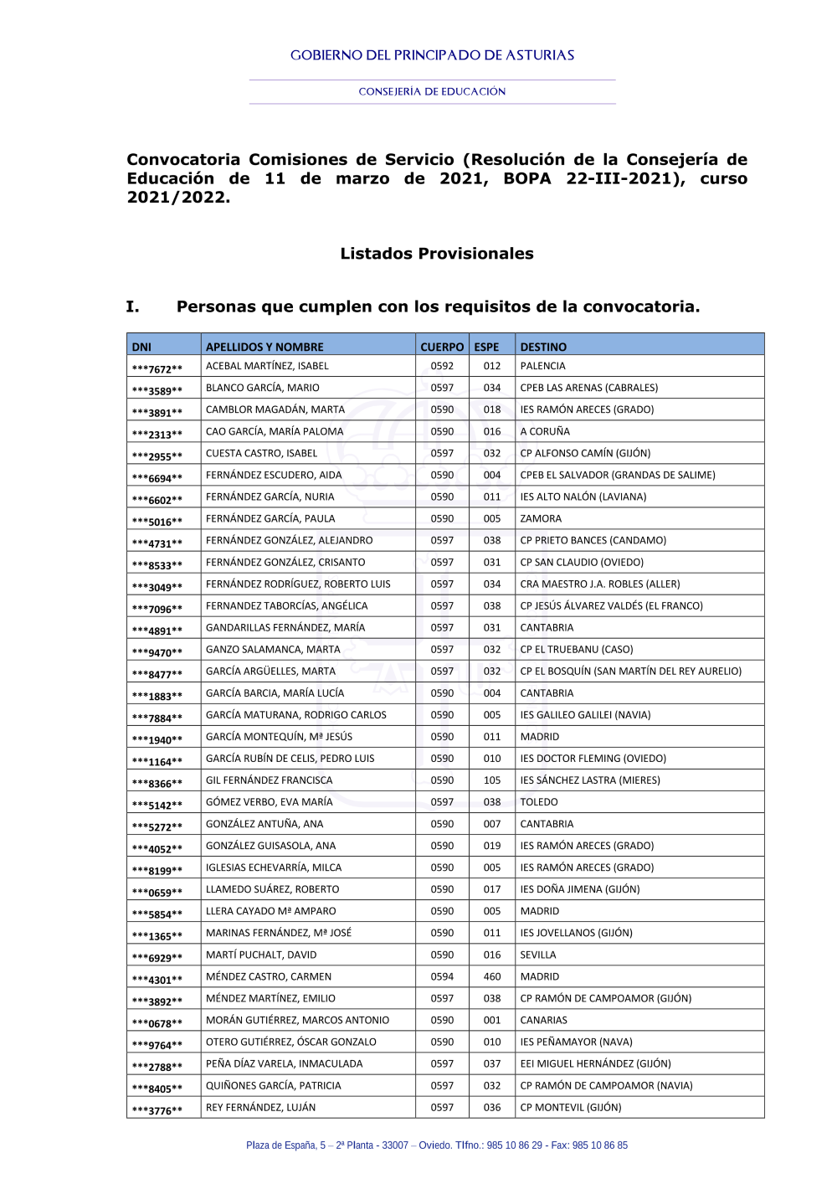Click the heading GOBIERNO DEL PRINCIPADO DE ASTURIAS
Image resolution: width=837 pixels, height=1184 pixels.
click(x=432, y=55)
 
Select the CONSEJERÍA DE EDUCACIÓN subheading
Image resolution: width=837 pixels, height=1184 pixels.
click(x=432, y=91)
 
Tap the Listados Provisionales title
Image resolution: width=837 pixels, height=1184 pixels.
click(x=436, y=254)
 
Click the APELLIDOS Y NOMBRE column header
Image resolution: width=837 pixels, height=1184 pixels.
click(x=264, y=347)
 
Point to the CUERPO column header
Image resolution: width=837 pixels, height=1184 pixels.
click(x=442, y=347)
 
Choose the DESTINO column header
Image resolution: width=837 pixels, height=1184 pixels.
click(x=543, y=347)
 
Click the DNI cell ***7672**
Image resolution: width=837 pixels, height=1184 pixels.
click(x=157, y=368)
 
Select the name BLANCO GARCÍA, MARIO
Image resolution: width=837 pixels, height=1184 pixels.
click(x=263, y=388)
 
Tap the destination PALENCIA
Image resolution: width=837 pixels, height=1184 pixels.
click(x=542, y=366)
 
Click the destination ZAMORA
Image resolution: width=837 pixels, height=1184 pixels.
click(x=541, y=518)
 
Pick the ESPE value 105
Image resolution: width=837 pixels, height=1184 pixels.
click(x=492, y=780)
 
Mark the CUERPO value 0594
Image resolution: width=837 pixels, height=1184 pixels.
click(x=442, y=976)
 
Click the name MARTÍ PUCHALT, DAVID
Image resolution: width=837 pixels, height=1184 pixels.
click(x=261, y=955)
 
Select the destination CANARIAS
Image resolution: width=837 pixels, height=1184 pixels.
click(x=543, y=1020)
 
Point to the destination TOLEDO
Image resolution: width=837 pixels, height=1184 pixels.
click(x=539, y=802)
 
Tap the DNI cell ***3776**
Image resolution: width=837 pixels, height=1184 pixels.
click(x=157, y=1110)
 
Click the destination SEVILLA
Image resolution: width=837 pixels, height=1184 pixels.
click(x=538, y=955)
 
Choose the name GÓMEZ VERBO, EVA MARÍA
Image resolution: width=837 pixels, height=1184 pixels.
click(x=269, y=802)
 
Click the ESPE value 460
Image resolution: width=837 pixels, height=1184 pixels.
click(x=492, y=976)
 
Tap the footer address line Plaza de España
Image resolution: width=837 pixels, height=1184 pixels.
click(x=436, y=1145)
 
